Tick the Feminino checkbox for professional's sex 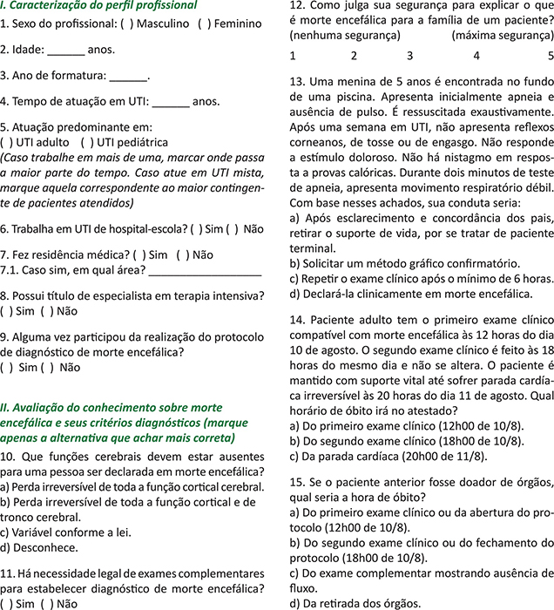coord(203,24)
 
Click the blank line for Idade coord(64,51)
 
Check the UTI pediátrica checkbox coord(85,142)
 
